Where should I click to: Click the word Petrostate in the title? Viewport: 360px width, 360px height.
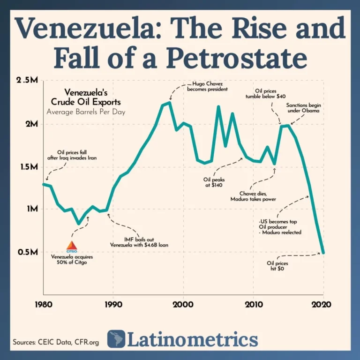(237, 60)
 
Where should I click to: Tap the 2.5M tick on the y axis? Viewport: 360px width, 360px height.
(27, 81)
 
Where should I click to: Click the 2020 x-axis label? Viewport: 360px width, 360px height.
(323, 304)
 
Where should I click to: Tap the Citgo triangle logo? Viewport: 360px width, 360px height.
(72, 247)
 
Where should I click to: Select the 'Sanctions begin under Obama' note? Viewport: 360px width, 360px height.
(304, 108)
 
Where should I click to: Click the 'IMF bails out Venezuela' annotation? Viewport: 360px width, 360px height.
(139, 241)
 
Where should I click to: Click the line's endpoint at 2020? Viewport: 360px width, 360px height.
(323, 253)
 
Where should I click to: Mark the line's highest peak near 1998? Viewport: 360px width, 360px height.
(169, 102)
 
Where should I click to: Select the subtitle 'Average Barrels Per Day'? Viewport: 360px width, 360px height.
(86, 112)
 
